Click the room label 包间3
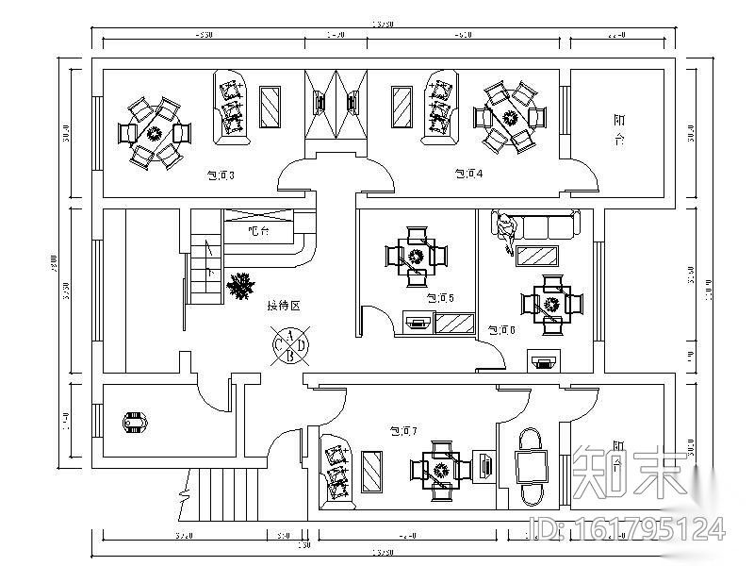click(x=220, y=175)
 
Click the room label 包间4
click(x=468, y=174)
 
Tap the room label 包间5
click(x=440, y=298)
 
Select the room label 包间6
click(x=500, y=330)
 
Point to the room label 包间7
click(x=403, y=431)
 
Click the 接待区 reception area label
click(x=283, y=306)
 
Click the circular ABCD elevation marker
click(x=290, y=345)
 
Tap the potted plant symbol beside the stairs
click(x=243, y=285)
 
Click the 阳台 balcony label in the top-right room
click(x=619, y=130)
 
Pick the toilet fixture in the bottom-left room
click(x=136, y=424)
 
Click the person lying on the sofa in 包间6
click(x=508, y=232)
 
